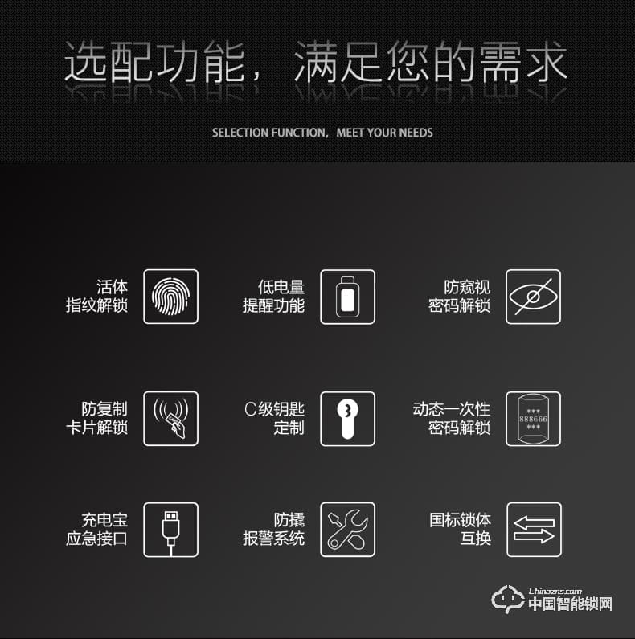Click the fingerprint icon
(170, 297)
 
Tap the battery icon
(347, 297)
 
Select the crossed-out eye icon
(533, 297)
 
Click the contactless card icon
(170, 418)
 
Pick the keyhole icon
(347, 418)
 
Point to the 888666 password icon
(533, 418)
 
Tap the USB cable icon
(170, 530)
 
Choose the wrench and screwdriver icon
(347, 530)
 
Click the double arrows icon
(533, 530)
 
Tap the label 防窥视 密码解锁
(459, 297)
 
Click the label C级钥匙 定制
(274, 418)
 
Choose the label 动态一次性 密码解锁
(451, 418)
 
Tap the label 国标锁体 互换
(460, 530)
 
